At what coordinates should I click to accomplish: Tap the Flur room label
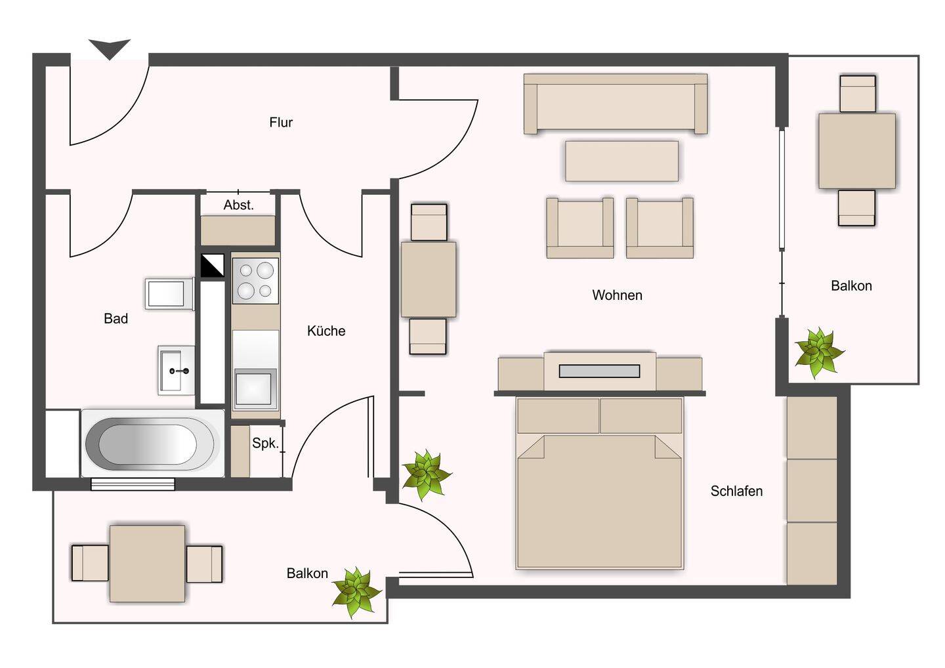[281, 122]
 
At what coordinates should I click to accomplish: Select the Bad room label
[116, 318]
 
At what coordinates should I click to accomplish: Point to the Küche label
[326, 331]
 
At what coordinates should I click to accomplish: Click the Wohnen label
[617, 295]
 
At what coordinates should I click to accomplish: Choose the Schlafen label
[736, 491]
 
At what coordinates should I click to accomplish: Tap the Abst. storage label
[239, 205]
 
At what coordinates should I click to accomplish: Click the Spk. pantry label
[265, 444]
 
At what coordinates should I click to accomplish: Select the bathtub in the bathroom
[153, 443]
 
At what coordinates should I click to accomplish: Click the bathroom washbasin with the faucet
[177, 370]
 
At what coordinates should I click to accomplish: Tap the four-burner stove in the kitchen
[256, 280]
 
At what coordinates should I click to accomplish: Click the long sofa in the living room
[616, 104]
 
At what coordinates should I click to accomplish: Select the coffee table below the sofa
[622, 161]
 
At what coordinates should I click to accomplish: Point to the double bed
[600, 484]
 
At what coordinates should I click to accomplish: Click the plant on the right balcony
[818, 352]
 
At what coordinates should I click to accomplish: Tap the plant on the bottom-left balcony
[357, 592]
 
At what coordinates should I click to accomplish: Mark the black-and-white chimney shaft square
[212, 266]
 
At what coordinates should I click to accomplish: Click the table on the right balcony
[857, 151]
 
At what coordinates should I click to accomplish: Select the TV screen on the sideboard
[600, 371]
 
